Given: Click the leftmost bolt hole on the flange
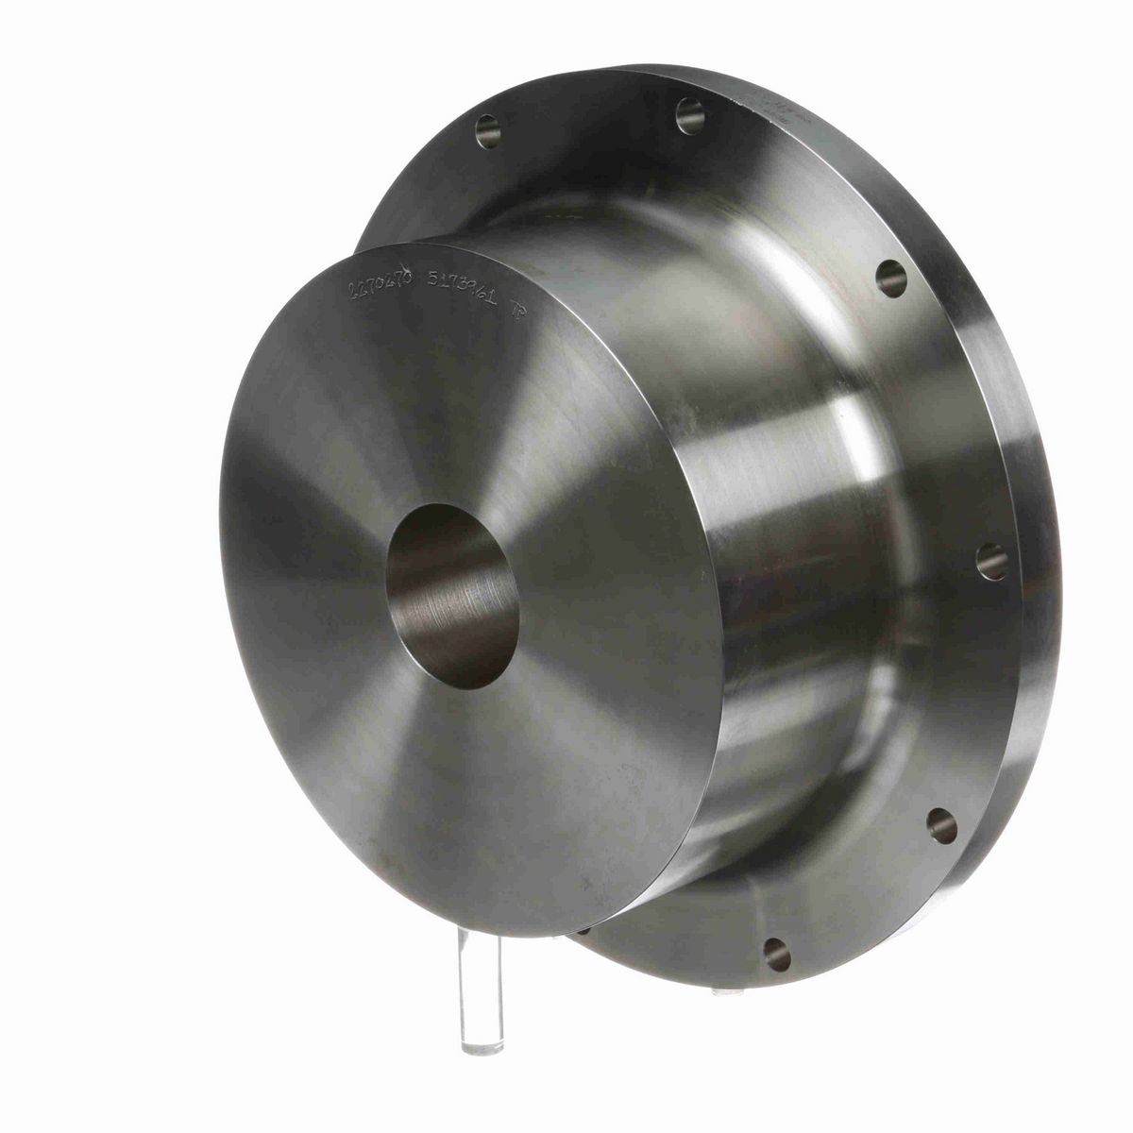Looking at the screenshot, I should (487, 130).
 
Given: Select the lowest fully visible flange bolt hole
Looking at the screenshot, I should (776, 954).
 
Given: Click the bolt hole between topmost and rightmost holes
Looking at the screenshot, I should (890, 277).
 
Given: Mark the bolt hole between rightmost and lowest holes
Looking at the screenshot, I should (941, 824).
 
